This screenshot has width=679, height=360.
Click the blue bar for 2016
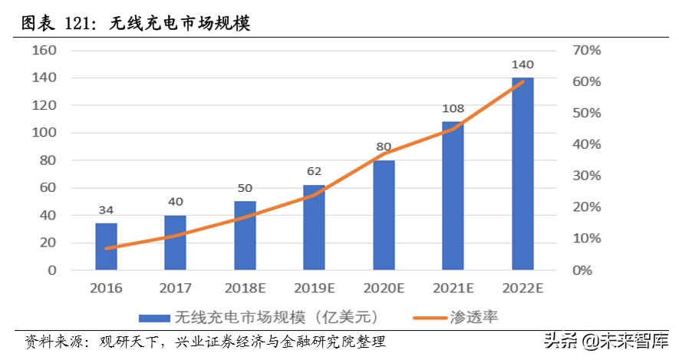(x=106, y=246)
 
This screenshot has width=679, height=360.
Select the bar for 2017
(x=175, y=243)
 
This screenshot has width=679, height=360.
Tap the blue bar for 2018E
(x=245, y=236)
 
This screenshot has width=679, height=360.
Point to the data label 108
(x=453, y=109)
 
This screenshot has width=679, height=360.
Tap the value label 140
(x=522, y=64)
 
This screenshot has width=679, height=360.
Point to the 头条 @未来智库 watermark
(x=606, y=339)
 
